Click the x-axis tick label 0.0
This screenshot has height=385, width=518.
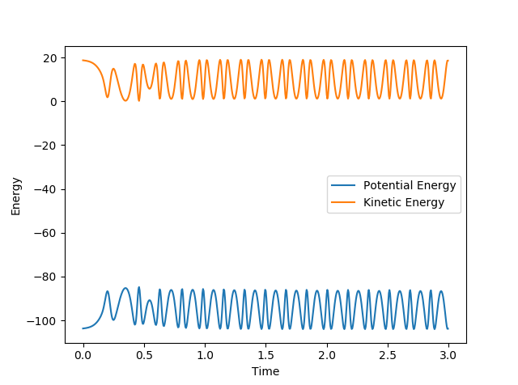(x=83, y=355)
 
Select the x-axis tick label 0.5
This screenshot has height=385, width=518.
(x=144, y=355)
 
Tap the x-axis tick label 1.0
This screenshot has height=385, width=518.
(x=205, y=355)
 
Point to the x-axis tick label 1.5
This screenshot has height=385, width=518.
(x=265, y=355)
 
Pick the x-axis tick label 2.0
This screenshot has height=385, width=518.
(x=326, y=355)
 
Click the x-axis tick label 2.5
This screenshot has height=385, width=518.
(x=388, y=355)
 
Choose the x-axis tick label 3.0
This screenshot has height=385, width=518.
(x=448, y=355)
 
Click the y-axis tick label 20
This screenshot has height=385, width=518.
(x=49, y=58)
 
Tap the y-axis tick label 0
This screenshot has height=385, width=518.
(x=53, y=102)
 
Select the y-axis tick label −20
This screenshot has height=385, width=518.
(x=45, y=146)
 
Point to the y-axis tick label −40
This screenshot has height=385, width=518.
(x=45, y=189)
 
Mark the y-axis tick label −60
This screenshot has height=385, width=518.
(x=45, y=233)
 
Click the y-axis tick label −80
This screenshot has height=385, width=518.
(x=45, y=277)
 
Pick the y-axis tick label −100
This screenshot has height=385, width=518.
(x=42, y=321)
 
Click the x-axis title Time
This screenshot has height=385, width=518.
(x=265, y=371)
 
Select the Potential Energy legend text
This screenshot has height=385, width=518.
(x=410, y=185)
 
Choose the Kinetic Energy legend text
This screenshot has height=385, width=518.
(x=404, y=203)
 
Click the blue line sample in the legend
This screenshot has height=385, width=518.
(x=344, y=185)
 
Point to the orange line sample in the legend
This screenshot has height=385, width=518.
(x=344, y=203)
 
